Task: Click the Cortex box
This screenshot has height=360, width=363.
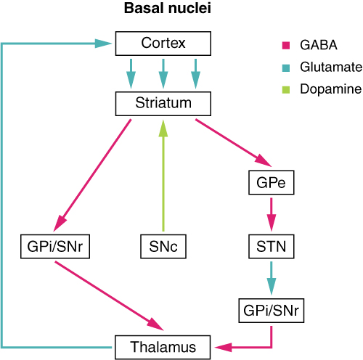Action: point(163,44)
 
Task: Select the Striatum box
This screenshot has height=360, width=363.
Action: point(163,103)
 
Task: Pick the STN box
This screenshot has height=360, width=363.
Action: point(271,247)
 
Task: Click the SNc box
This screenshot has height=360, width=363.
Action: point(163,247)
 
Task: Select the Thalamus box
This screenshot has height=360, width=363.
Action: point(163,347)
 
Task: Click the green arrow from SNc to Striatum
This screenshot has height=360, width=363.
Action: point(163,174)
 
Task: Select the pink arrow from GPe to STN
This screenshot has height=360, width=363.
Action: point(271,214)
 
